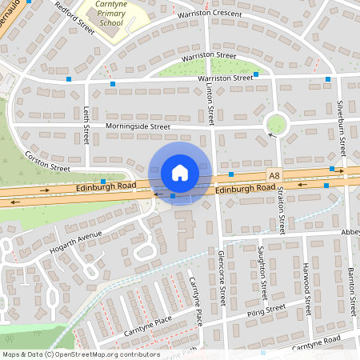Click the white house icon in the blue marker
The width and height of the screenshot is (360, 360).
179,173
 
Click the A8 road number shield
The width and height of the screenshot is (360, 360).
274,174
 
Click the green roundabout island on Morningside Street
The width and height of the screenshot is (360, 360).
277,124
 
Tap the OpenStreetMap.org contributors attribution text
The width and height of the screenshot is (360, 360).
108,353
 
